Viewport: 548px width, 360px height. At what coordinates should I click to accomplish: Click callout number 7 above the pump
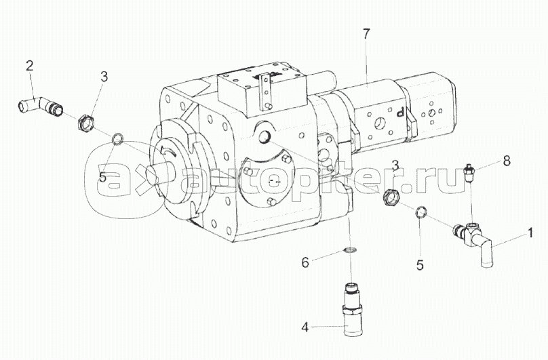(x=366, y=35)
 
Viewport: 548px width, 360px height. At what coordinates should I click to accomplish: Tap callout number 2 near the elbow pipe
(x=30, y=65)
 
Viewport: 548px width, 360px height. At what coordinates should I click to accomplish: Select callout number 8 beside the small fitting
(x=507, y=161)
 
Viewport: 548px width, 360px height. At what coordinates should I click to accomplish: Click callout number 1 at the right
(x=530, y=233)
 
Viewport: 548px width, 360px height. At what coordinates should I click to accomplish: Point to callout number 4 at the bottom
(x=305, y=328)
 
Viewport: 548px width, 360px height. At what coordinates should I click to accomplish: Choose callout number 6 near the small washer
(x=305, y=262)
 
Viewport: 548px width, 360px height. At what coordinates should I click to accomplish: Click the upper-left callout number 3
(x=104, y=77)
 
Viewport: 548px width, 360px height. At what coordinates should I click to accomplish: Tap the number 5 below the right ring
(x=420, y=265)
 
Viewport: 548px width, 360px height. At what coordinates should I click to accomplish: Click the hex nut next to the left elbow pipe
(x=84, y=122)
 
